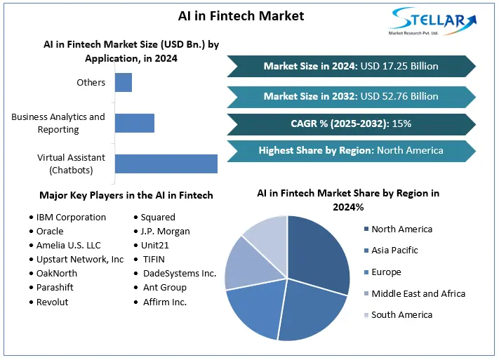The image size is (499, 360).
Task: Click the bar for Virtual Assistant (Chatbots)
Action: (166, 164)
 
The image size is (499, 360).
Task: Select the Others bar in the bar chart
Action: (124, 82)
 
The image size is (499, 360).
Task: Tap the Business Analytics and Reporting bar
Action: (135, 123)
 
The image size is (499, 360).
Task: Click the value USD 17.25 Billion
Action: (399, 66)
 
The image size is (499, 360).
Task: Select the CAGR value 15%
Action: (402, 124)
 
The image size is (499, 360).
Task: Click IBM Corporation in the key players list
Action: (71, 218)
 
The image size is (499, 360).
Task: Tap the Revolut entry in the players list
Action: (53, 302)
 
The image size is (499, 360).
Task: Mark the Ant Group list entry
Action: (165, 287)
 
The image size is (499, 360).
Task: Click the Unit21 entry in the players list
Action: (155, 245)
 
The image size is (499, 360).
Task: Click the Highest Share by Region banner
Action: (350, 150)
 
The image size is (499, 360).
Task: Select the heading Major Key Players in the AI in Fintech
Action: (126, 195)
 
